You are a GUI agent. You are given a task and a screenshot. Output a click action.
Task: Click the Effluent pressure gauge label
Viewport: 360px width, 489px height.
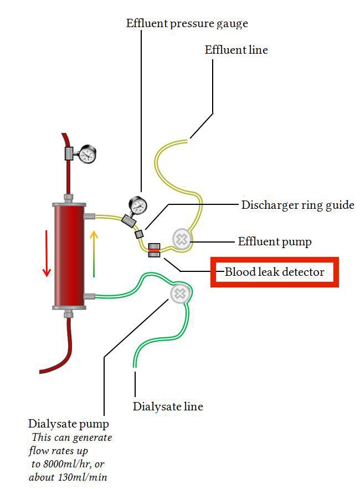tap(187, 24)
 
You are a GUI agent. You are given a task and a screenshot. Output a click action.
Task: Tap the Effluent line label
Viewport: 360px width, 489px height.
tap(236, 50)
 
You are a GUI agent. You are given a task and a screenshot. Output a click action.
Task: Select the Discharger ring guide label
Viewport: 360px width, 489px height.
tap(297, 205)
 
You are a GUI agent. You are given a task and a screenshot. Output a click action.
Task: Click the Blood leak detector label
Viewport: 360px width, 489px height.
tap(274, 272)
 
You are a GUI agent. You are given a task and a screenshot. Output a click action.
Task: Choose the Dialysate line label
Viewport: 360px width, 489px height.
tap(168, 406)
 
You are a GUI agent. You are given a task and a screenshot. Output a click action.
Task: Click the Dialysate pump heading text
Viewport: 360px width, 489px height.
tap(69, 424)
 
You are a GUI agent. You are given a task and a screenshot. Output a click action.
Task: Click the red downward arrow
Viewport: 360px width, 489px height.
tap(47, 253)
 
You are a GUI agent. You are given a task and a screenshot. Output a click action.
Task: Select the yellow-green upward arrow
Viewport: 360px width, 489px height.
tap(94, 253)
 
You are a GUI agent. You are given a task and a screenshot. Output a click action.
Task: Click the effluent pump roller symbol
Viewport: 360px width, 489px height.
tap(181, 239)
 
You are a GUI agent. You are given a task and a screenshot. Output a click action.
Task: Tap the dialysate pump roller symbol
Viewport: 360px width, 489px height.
tap(179, 294)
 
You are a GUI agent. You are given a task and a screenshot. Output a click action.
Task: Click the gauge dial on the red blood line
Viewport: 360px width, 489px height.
tap(87, 153)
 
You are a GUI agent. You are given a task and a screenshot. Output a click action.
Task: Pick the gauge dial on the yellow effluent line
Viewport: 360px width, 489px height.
tap(138, 205)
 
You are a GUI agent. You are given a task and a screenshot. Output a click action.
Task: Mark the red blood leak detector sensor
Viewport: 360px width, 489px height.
tap(154, 250)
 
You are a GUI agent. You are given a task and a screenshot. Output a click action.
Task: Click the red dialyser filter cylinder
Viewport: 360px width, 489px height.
tap(68, 254)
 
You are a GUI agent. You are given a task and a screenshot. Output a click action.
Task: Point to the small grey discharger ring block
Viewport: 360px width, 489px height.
tap(140, 234)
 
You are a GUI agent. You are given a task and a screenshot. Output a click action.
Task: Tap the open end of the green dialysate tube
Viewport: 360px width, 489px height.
tap(135, 366)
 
